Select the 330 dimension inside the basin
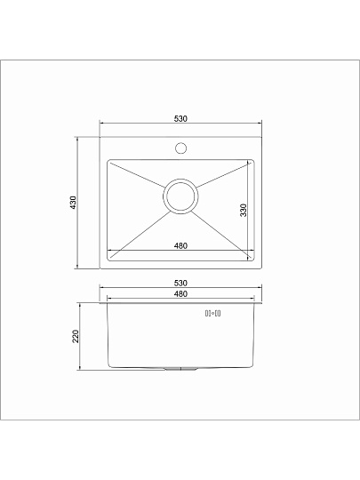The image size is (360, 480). [x=242, y=211]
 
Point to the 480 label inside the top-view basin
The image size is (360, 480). [x=180, y=246]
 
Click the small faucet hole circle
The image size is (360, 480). [x=180, y=148]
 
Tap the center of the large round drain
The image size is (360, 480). [x=180, y=196]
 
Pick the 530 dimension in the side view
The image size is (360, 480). [x=180, y=283]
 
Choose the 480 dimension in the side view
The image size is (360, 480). [x=180, y=293]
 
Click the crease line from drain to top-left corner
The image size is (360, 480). [x=138, y=178]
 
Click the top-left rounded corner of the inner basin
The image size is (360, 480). [x=109, y=163]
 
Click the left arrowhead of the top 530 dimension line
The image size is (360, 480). [x=100, y=124]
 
